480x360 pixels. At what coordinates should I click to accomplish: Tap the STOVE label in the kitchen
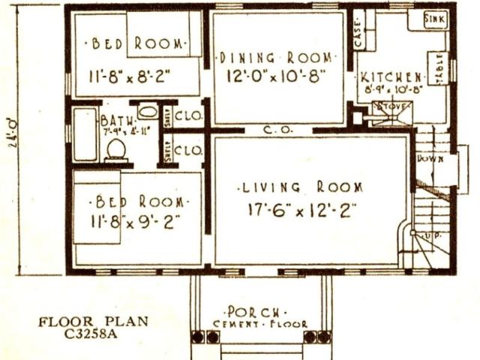(x=395, y=106)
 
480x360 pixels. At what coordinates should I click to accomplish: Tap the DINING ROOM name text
(x=277, y=57)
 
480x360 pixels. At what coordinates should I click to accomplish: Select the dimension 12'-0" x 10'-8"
(x=277, y=75)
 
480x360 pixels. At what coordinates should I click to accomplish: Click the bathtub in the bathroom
(x=85, y=134)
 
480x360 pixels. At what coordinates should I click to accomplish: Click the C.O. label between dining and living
(x=273, y=130)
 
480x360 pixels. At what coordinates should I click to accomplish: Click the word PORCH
(x=255, y=311)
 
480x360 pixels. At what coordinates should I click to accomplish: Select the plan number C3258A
(x=94, y=335)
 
